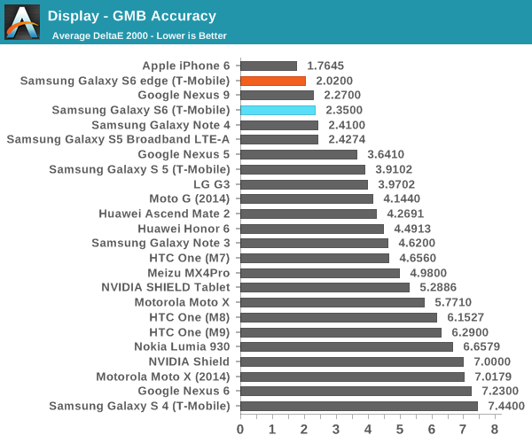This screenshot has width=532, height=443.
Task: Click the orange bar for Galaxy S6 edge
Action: pyautogui.click(x=272, y=81)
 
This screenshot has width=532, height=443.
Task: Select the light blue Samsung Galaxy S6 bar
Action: pyautogui.click(x=278, y=110)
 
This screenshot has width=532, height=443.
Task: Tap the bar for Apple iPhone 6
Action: pyautogui.click(x=269, y=66)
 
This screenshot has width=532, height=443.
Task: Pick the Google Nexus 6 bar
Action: pyautogui.click(x=356, y=391)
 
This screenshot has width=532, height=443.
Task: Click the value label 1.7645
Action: pyautogui.click(x=325, y=66)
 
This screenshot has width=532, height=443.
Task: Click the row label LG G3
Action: pyautogui.click(x=212, y=184)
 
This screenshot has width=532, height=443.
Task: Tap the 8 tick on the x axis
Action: pyautogui.click(x=495, y=430)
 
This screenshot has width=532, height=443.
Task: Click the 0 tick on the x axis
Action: pyautogui.click(x=240, y=430)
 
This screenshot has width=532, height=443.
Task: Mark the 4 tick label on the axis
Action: pyautogui.click(x=368, y=430)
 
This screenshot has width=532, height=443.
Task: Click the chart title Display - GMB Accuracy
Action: pyautogui.click(x=132, y=16)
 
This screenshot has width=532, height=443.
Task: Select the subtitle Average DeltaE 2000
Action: pyautogui.click(x=139, y=36)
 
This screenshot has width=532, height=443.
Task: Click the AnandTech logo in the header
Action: pyautogui.click(x=22, y=22)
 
